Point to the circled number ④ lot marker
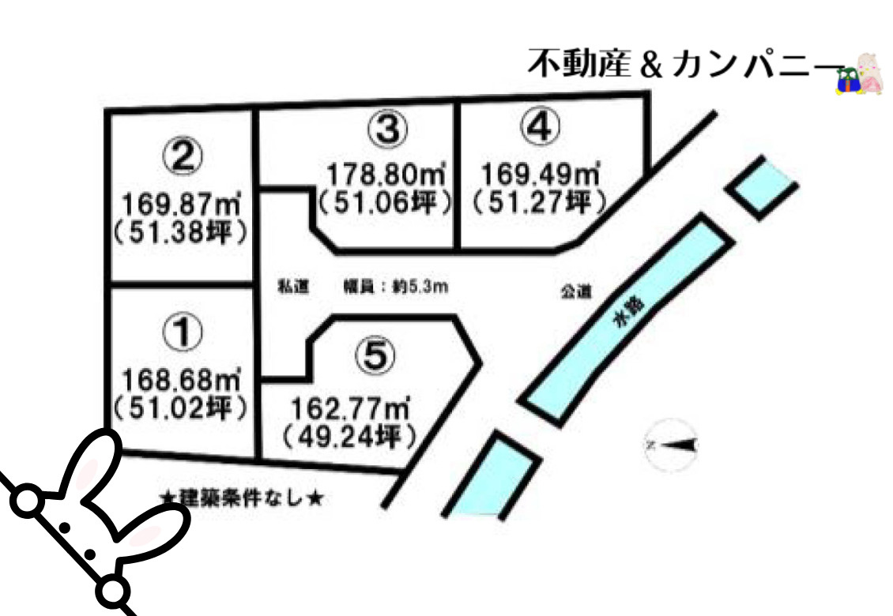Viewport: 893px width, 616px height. [541, 127]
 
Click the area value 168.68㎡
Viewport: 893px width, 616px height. [182, 383]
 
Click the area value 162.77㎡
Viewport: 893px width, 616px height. [349, 409]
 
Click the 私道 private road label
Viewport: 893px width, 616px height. [287, 287]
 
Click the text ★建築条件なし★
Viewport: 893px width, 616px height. [241, 498]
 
